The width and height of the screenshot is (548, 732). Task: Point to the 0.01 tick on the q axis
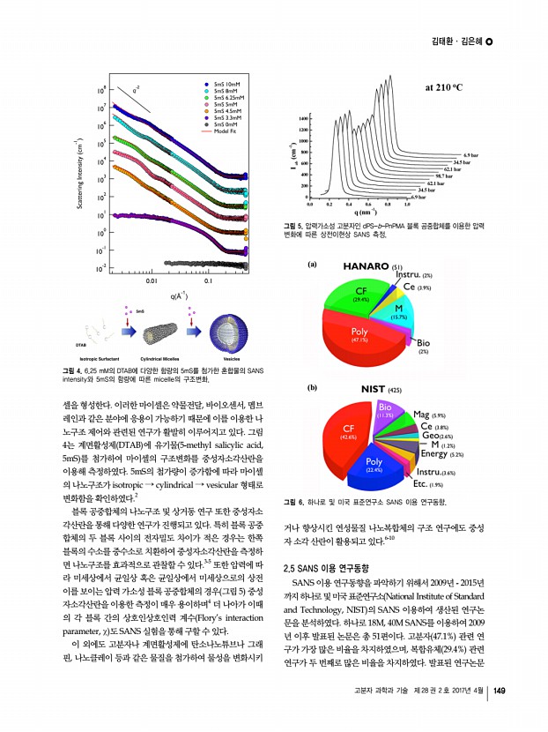[152, 281]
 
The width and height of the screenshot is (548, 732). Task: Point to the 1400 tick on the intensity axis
[303, 117]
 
